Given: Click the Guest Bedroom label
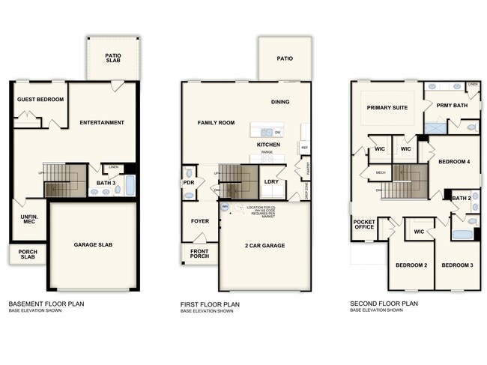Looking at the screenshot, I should [40, 99].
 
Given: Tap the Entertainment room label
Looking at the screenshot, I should [102, 122].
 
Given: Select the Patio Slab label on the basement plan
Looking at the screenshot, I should [113, 58].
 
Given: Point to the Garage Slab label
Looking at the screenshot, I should [94, 245].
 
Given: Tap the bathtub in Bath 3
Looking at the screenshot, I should [130, 186].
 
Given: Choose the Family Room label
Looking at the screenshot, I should [217, 122].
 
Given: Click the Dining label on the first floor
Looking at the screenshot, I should [280, 102].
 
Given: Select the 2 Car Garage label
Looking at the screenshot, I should [264, 245].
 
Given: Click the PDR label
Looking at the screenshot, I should [189, 182].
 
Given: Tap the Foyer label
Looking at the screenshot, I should [199, 221].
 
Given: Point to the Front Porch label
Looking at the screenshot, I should [199, 253].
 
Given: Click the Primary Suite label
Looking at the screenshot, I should [387, 108].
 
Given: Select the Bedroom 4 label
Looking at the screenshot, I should [454, 162].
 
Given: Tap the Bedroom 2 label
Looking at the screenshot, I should [411, 265].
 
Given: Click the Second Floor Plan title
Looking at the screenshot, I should [384, 304].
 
